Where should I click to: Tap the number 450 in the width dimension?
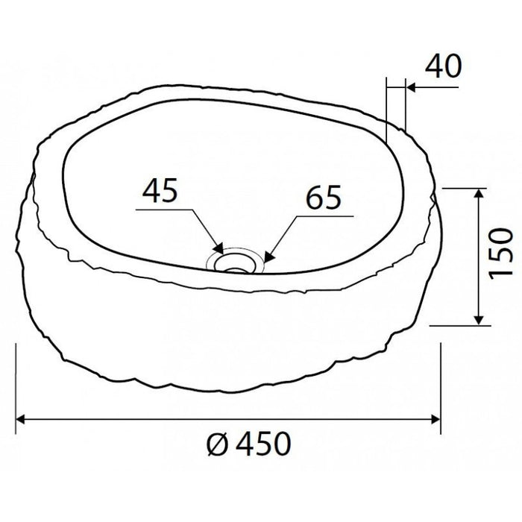coord(257,445)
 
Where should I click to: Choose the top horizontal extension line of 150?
coord(466,188)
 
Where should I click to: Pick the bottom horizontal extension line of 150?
coord(462,325)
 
